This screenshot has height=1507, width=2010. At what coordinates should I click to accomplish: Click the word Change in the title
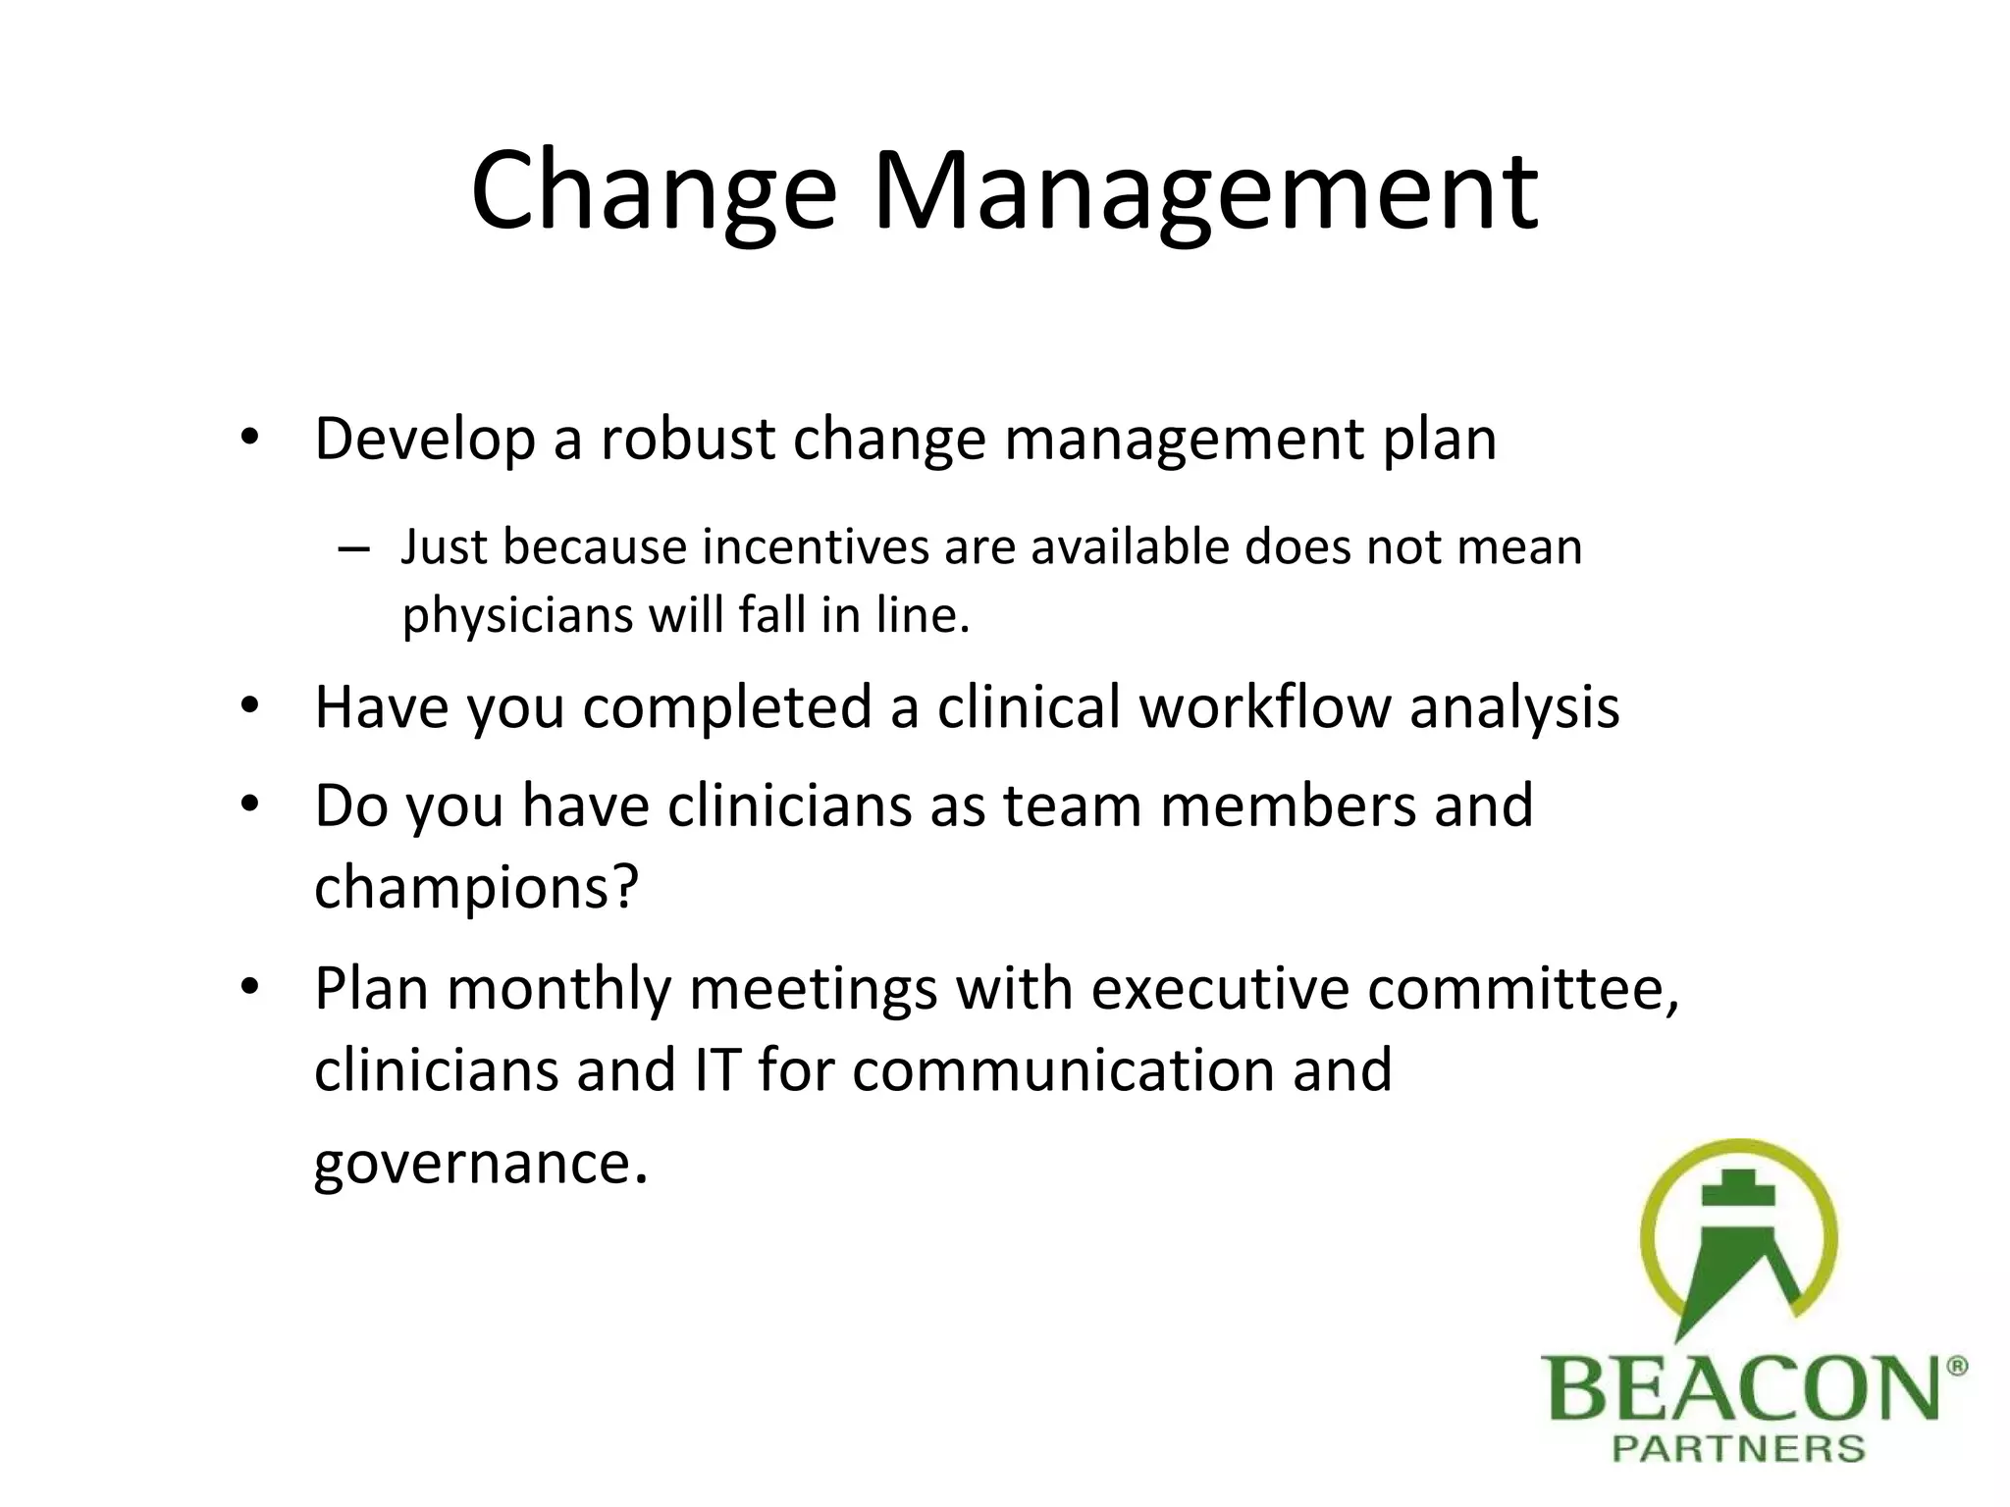tap(653, 191)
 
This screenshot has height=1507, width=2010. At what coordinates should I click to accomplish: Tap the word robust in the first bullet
tap(688, 439)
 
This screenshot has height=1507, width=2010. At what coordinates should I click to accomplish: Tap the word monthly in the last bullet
tap(558, 988)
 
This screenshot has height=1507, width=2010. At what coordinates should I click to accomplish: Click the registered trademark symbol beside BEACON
tap(1956, 1367)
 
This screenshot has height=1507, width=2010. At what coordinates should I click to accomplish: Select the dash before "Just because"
tap(352, 549)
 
